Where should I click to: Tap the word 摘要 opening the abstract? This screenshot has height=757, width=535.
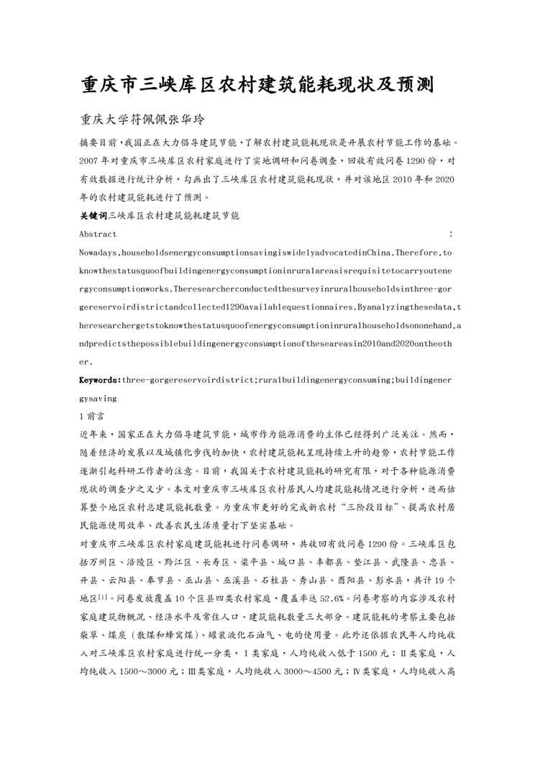coord(89,142)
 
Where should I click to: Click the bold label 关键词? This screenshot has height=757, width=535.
coord(93,214)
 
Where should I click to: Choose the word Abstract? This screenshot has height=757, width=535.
coord(98,234)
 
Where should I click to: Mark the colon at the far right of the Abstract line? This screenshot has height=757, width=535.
coord(451,234)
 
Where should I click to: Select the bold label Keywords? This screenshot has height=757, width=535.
coord(100,379)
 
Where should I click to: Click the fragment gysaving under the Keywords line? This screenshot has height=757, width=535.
coord(99,397)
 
